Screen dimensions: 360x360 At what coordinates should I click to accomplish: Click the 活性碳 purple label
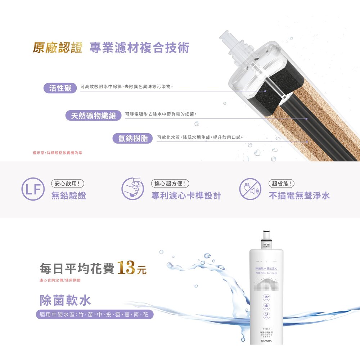[x=60, y=88]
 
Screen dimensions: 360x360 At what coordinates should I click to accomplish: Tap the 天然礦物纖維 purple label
[x=93, y=116]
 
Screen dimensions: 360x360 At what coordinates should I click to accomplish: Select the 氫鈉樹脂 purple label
[x=133, y=138]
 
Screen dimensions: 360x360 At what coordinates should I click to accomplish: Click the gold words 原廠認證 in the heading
[x=58, y=48]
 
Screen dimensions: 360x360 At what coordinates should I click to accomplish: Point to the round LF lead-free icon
[x=33, y=189]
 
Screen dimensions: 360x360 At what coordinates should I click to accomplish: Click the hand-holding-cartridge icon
[x=132, y=189]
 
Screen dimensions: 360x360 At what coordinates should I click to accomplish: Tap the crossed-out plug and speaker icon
[x=250, y=189]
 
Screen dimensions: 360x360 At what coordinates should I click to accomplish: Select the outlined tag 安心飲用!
[x=68, y=184]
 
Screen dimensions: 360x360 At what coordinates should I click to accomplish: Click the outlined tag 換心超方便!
[x=170, y=184]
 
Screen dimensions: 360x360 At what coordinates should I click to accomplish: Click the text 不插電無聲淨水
[x=299, y=196]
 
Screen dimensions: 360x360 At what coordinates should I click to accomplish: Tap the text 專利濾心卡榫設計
[x=186, y=196]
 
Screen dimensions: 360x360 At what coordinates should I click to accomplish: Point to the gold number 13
[x=126, y=268]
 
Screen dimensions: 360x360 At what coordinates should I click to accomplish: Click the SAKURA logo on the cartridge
[x=266, y=341]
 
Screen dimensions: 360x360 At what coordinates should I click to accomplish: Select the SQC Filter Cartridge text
[x=266, y=273]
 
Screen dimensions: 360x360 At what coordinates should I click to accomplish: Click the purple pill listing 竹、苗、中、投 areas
[x=94, y=315]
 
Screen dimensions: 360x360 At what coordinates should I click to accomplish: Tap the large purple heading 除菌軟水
[x=65, y=300]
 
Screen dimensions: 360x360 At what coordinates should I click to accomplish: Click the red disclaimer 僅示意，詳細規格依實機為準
[x=58, y=153]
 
